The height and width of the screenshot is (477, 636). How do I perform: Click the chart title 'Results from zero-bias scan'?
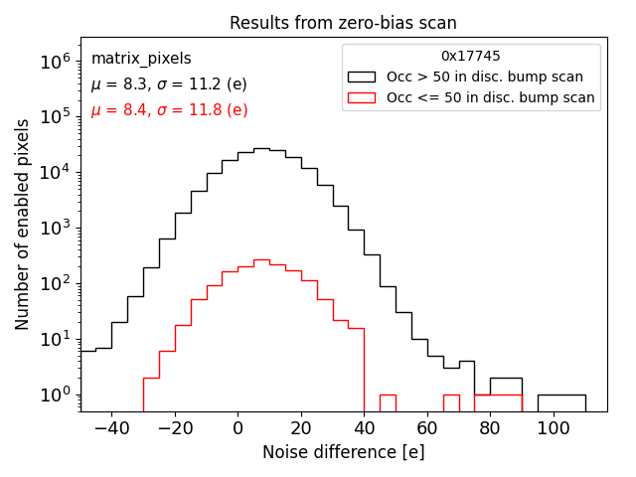coord(343,23)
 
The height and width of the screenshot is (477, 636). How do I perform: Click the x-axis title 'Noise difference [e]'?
coord(343,452)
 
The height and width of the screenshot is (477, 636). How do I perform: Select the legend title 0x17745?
coord(471,57)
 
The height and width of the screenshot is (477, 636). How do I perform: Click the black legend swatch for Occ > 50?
coord(362,77)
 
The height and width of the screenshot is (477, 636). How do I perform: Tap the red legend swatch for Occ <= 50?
coord(362,97)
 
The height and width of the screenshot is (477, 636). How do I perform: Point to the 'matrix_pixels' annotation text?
coord(141,59)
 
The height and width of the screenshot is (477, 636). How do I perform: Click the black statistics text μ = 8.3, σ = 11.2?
coord(169,84)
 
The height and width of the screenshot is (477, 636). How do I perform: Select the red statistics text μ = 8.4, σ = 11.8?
coord(169,110)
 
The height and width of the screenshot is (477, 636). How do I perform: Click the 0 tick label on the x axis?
coord(238,425)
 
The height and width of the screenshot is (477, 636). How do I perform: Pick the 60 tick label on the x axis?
coord(427,425)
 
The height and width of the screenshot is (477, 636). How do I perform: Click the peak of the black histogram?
coord(261,149)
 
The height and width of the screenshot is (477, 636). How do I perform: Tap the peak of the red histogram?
coord(261,260)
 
